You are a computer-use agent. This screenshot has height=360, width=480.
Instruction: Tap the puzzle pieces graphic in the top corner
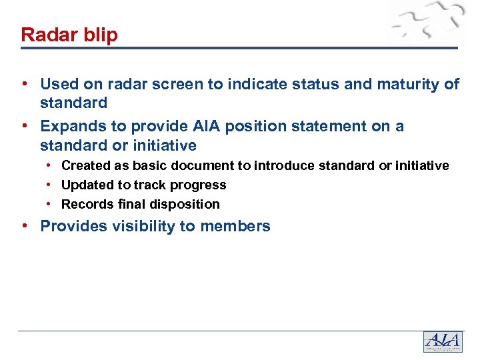427,24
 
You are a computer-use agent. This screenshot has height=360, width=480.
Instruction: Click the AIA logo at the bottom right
442,341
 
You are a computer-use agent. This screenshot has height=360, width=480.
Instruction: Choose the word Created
84,165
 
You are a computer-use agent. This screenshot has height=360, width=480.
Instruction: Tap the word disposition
186,204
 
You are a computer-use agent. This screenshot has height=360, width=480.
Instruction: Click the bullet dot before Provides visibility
25,225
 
